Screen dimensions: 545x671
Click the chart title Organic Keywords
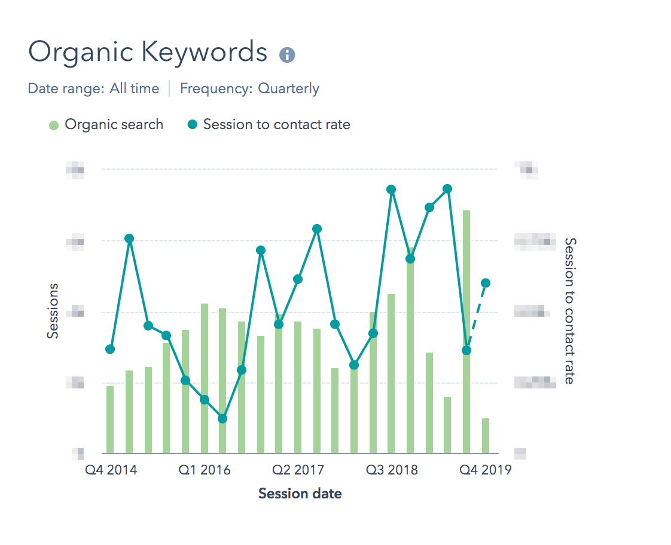pyautogui.click(x=148, y=53)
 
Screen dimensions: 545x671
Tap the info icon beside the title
pyautogui.click(x=287, y=55)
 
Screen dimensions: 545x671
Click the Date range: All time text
pyautogui.click(x=93, y=89)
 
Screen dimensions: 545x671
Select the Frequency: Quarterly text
pyautogui.click(x=249, y=89)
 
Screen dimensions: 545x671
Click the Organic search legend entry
pyautogui.click(x=106, y=125)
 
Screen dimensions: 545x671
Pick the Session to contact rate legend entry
pyautogui.click(x=269, y=125)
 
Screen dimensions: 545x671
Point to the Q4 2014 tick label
pyautogui.click(x=111, y=470)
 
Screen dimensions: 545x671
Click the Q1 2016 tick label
pyautogui.click(x=205, y=470)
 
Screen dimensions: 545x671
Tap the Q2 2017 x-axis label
pyautogui.click(x=298, y=470)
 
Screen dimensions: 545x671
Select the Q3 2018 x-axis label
pyautogui.click(x=392, y=470)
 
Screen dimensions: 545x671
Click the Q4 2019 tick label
pyautogui.click(x=485, y=470)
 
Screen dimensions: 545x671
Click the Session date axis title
pyautogui.click(x=300, y=494)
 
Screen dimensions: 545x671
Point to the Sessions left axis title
pyautogui.click(x=53, y=311)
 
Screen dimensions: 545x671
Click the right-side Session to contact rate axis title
pyautogui.click(x=570, y=311)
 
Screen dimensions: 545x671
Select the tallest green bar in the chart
pyautogui.click(x=466, y=335)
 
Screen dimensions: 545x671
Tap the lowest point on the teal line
pyautogui.click(x=222, y=419)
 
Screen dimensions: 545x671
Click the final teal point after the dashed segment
pyautogui.click(x=486, y=283)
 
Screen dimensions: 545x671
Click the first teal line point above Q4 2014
pyautogui.click(x=110, y=349)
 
